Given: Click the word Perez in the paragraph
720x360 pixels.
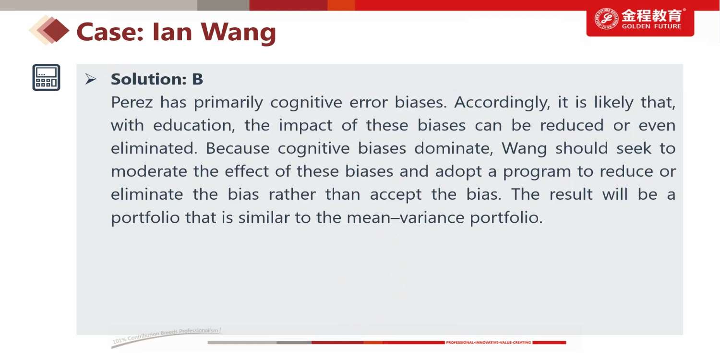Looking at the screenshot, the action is pos(132,102).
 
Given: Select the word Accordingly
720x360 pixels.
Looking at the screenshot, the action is pos(502,103).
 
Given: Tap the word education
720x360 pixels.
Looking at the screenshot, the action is pos(194,125).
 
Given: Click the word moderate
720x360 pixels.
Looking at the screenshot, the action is pos(149,171).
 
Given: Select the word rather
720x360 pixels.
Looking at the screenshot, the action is pos(292,194).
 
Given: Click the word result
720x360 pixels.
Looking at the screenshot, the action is pos(571,194).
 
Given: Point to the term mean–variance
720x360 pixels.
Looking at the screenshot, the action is pos(405,217).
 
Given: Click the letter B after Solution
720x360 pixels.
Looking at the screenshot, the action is pos(197,79).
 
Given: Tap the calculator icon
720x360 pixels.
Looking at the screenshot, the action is pos(46,77).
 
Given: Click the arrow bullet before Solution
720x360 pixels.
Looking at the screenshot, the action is pos(91,79).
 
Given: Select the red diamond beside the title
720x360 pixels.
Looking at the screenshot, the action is pos(56,31).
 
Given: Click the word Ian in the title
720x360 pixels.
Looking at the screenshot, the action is pos(172,32).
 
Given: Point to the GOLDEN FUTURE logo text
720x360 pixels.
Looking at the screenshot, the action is pos(651,26).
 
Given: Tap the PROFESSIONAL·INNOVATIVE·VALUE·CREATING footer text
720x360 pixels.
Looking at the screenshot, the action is pos(488,343).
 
